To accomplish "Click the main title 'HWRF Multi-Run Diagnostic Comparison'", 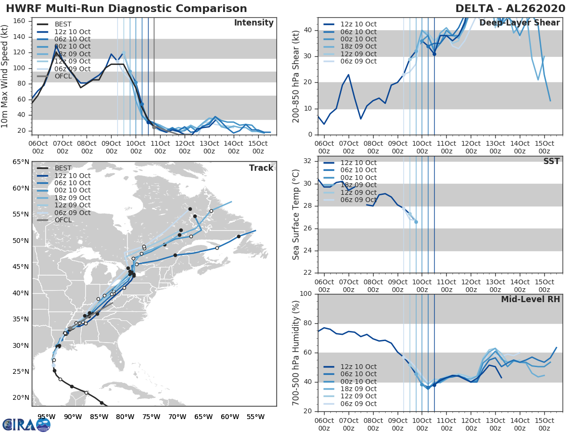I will click(x=126, y=9).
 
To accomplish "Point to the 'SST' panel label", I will click(x=552, y=162).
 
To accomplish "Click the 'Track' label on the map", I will click(x=261, y=168).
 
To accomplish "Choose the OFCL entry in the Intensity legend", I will click(x=63, y=76).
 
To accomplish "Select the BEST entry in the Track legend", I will click(x=63, y=168).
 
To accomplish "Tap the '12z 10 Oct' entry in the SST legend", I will click(x=358, y=163).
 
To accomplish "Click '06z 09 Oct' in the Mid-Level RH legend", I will click(x=358, y=404).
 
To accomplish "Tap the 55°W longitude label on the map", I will click(x=256, y=417).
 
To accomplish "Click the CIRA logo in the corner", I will click(x=26, y=424).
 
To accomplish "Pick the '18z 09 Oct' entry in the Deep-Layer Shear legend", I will click(x=358, y=47).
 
